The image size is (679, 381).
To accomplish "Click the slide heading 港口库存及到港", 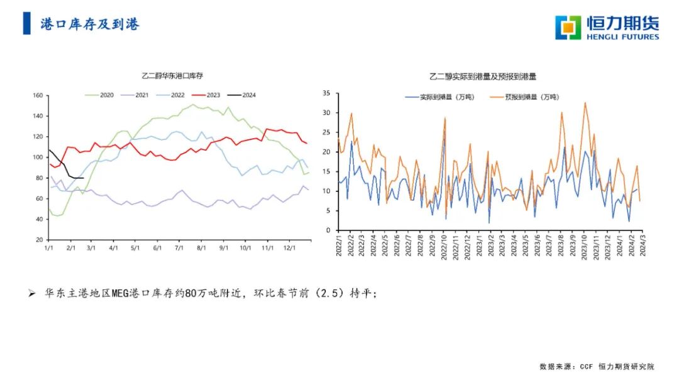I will [x=89, y=24].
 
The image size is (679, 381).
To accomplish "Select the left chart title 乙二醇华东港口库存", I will [x=173, y=76].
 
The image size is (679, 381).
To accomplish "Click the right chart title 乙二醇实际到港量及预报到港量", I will [x=483, y=77].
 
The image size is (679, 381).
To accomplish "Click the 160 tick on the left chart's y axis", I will [x=37, y=95].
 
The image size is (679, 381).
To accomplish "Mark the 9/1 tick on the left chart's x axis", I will [x=223, y=249].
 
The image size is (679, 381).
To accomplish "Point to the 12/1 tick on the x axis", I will [x=289, y=249].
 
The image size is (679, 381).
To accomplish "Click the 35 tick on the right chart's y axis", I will [x=326, y=93].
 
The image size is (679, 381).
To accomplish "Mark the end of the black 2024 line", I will [x=84, y=178].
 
